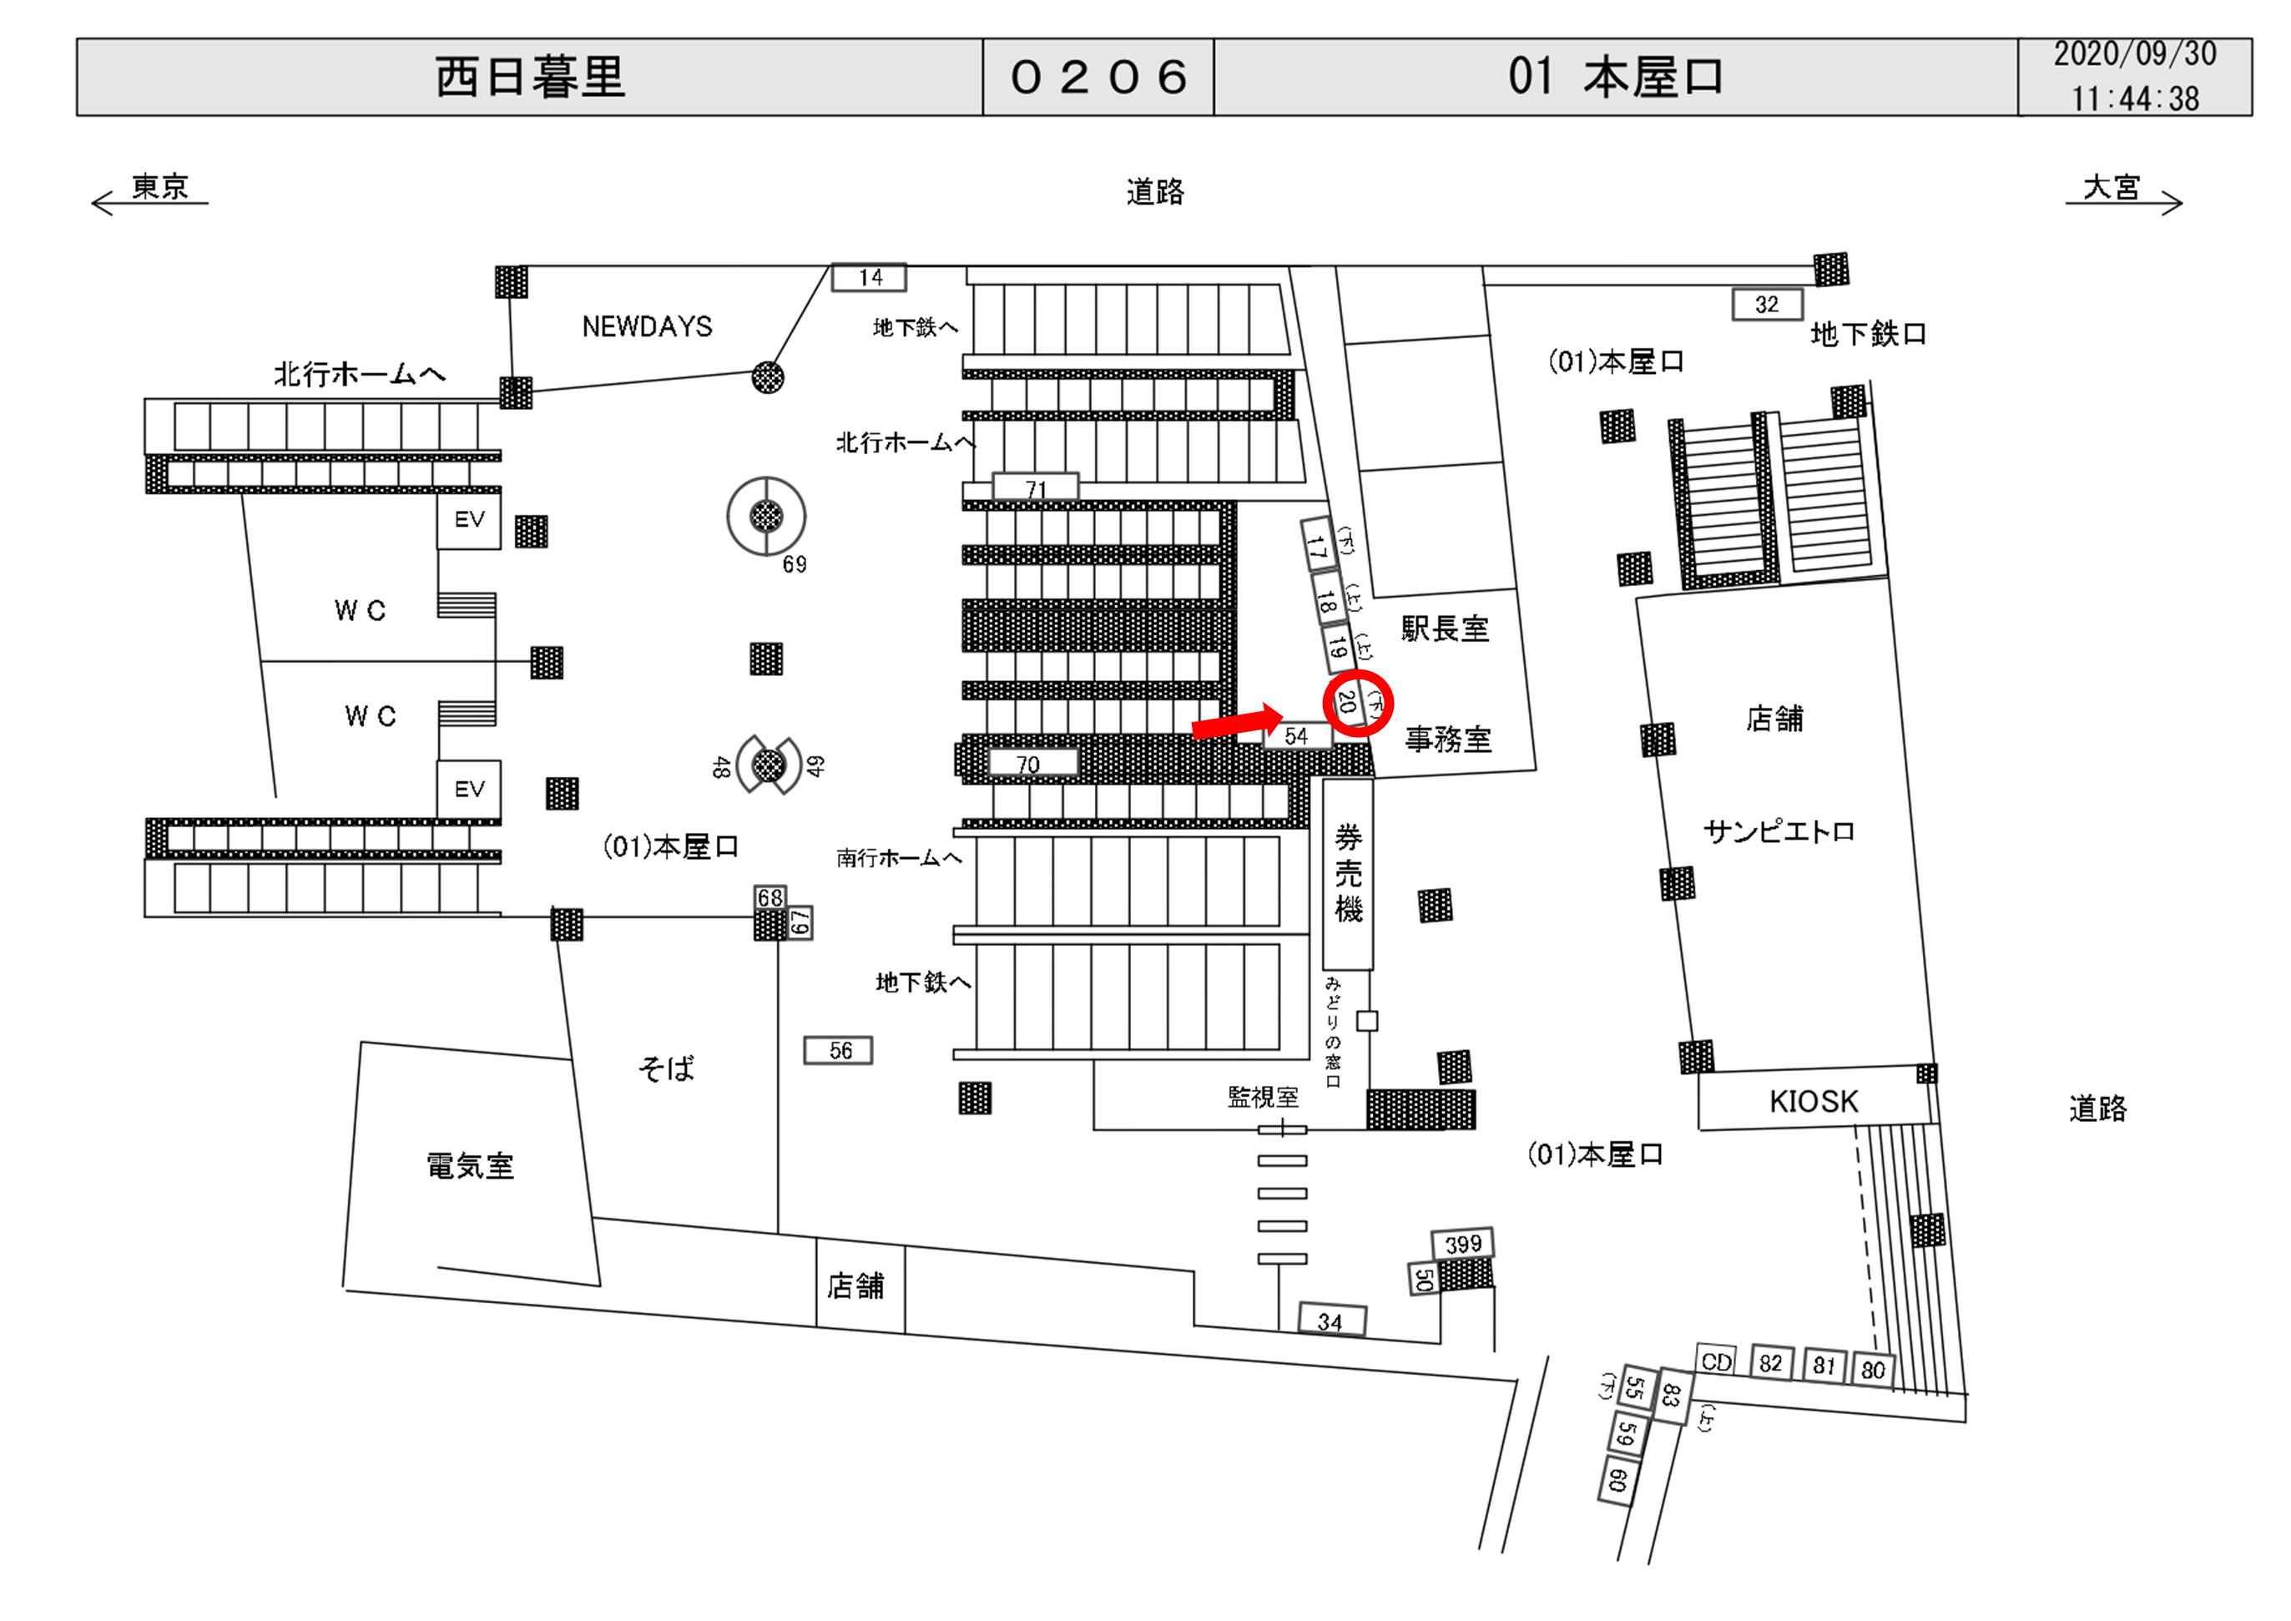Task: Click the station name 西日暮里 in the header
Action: pos(530,77)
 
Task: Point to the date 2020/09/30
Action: pos(2134,54)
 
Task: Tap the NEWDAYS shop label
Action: pos(647,326)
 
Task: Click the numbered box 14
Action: pos(869,276)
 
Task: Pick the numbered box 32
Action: pos(1767,305)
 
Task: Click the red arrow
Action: pos(1237,722)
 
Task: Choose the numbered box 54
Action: pos(1297,735)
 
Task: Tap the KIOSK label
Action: pos(1813,1101)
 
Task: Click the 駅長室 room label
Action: pos(1445,628)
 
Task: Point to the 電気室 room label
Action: pos(470,1165)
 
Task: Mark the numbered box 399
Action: pos(1463,1244)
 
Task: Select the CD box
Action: pos(1716,1361)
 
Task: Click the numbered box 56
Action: pos(838,1050)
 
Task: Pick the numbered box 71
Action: pos(1036,487)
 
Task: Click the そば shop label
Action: pos(665,1068)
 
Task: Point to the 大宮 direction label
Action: pos(2112,187)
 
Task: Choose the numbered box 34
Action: pos(1331,1321)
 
